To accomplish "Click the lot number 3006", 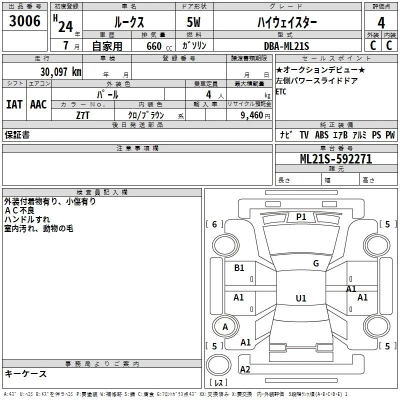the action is pyautogui.click(x=24, y=21).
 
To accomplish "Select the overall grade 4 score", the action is pyautogui.click(x=381, y=23).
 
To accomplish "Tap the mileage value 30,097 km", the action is pyautogui.click(x=60, y=72).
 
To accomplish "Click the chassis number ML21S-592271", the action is pyautogui.click(x=336, y=159).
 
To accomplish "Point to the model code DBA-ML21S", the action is pyautogui.click(x=286, y=46).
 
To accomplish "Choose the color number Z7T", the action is pyautogui.click(x=82, y=115).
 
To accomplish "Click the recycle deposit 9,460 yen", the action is pyautogui.click(x=255, y=115).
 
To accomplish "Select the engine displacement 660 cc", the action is pyautogui.click(x=159, y=46).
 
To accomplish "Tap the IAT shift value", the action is pyautogui.click(x=14, y=104).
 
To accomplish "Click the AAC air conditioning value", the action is pyautogui.click(x=38, y=104).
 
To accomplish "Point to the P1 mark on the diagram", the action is pyautogui.click(x=301, y=217).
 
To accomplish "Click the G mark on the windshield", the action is pyautogui.click(x=316, y=263).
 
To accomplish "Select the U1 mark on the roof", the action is pyautogui.click(x=301, y=298).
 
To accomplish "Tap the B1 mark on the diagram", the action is pyautogui.click(x=239, y=268).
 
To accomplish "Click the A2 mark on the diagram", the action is pyautogui.click(x=245, y=369).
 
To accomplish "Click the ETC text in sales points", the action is pyautogui.click(x=281, y=91).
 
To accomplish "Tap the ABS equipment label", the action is pyautogui.click(x=321, y=135).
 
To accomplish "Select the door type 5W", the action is pyautogui.click(x=193, y=22).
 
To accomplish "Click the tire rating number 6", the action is pyautogui.click(x=214, y=224).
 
